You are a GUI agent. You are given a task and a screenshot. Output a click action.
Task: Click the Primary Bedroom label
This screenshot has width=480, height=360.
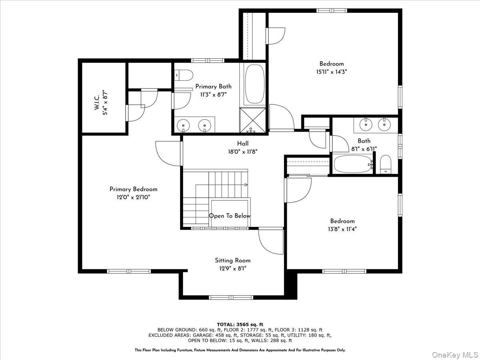click(x=133, y=189)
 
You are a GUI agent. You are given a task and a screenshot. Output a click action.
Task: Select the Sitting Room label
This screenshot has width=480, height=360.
click(x=232, y=260)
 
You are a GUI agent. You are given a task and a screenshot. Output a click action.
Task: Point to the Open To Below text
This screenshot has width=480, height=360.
click(x=230, y=216)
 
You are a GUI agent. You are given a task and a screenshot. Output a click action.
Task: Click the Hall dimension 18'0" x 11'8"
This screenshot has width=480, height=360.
click(x=242, y=152)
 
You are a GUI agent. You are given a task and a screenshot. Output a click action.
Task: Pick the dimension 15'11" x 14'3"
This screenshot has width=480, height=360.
click(x=331, y=72)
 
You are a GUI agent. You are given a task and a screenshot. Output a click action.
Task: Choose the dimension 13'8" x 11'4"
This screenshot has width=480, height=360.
click(x=342, y=229)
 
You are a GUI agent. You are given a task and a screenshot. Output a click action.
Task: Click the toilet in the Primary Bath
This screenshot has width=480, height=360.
click(x=184, y=74)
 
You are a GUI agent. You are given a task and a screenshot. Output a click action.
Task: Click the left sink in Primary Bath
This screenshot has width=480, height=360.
click(x=184, y=125)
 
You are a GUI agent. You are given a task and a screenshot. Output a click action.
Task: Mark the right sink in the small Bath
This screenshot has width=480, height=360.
click(x=384, y=125)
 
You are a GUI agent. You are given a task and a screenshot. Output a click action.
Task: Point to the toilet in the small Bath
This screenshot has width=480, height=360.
click(x=386, y=165)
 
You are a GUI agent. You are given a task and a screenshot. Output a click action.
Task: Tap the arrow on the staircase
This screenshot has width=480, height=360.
click(x=245, y=185)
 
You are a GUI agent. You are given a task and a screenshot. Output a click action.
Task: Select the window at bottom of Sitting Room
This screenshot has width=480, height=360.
click(x=232, y=297)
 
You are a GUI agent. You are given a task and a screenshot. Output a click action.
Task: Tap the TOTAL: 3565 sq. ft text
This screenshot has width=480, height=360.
click(x=240, y=324)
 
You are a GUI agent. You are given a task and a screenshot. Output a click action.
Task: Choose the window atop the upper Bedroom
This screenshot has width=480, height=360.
click(x=332, y=10)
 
